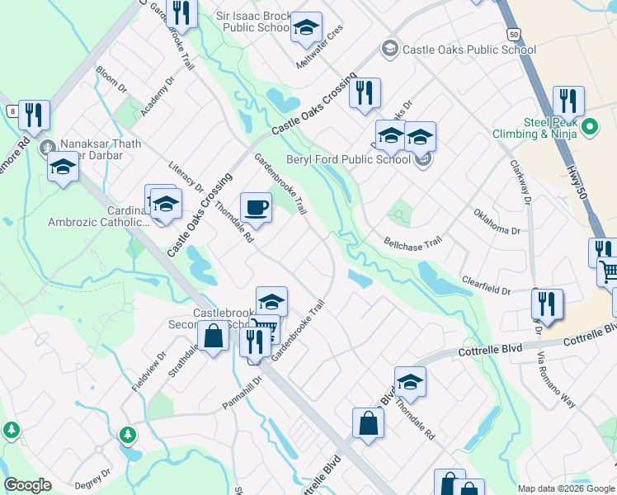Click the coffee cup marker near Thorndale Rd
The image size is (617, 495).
(256, 208)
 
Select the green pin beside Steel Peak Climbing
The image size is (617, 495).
(589, 127)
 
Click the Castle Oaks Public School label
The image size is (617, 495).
(469, 49)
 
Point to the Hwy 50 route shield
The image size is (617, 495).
(514, 35)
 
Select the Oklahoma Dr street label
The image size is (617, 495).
(497, 222)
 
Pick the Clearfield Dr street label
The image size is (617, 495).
(487, 285)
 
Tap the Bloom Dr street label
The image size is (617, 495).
(111, 79)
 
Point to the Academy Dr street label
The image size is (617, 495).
(158, 97)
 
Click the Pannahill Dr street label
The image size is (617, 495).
(242, 394)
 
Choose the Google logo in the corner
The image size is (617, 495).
(27, 485)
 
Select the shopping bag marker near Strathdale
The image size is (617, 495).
(213, 336)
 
